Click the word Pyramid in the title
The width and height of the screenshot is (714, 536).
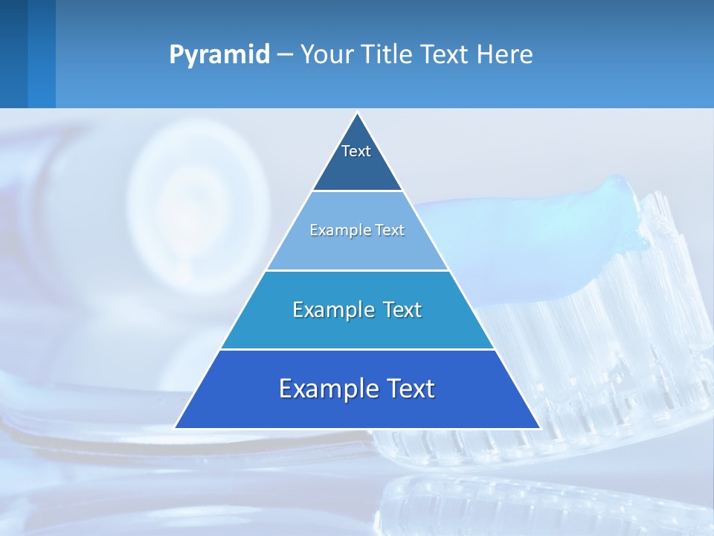coord(219,55)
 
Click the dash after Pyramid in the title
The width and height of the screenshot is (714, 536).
coord(285,55)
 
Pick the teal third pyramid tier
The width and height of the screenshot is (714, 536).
coord(357,328)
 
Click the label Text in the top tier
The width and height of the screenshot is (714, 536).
coord(356,151)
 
